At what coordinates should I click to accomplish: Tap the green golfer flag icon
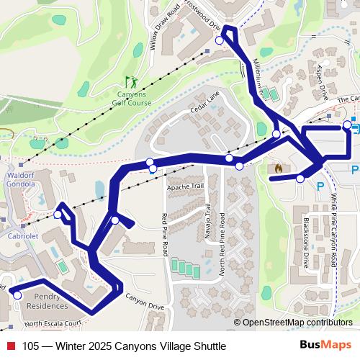pyautogui.click(x=130, y=81)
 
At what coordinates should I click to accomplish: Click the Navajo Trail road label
pyautogui.click(x=208, y=224)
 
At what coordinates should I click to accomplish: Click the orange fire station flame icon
pyautogui.click(x=278, y=167)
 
